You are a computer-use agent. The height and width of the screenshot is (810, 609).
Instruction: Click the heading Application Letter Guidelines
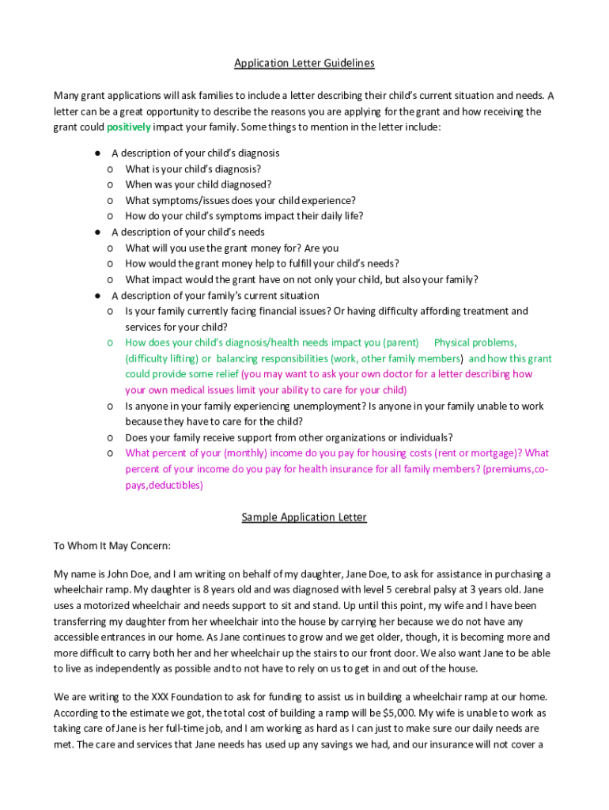[x=304, y=63]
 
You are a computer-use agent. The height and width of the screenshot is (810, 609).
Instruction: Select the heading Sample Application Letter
[x=304, y=517]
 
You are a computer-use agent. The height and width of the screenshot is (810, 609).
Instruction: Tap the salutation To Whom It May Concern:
[x=112, y=546]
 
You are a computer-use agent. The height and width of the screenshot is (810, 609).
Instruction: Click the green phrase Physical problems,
[x=475, y=343]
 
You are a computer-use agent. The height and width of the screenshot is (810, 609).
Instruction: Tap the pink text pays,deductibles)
[x=164, y=485]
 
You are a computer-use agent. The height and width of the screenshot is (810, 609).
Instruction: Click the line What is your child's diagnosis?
[x=193, y=168]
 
